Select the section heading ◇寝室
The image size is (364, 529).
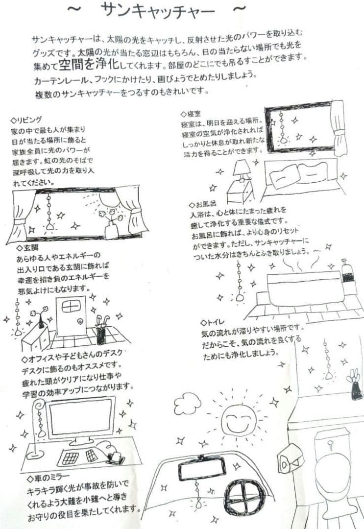192,114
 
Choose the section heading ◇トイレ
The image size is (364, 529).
213,322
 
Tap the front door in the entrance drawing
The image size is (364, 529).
71,316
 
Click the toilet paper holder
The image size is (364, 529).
290,460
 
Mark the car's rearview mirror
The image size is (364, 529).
202,469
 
